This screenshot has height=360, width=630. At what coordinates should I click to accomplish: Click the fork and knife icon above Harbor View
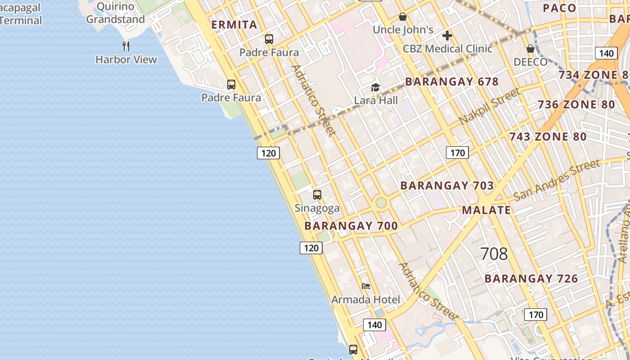coord(126,46)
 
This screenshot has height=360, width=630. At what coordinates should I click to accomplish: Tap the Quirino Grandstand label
coord(116,13)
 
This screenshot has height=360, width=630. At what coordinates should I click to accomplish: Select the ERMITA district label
coord(234,25)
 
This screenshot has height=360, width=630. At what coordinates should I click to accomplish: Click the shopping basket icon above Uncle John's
coord(403,17)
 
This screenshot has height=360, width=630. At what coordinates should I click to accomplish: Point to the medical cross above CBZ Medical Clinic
coord(447,35)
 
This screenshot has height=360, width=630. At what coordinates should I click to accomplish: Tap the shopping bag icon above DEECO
coord(531,49)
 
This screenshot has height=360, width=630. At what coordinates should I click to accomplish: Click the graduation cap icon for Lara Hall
coord(375,88)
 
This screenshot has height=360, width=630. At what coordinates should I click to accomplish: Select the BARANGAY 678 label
coord(452,82)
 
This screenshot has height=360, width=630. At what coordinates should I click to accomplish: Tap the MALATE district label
coord(486,210)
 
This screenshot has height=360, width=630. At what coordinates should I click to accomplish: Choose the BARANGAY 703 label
coord(447,185)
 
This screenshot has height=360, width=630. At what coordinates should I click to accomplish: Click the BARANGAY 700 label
coord(351,226)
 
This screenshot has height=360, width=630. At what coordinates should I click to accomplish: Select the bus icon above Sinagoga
coord(317,195)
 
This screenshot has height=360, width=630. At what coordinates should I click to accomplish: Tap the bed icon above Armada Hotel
coord(366,286)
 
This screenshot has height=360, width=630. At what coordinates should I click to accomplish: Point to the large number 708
coord(494,254)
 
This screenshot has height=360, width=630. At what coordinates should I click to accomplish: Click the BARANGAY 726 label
coord(531,279)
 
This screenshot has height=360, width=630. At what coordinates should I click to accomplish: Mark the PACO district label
coord(559,8)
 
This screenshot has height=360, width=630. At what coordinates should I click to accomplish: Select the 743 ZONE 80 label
coord(548,137)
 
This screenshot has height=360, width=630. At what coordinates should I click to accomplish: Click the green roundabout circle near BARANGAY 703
coord(381,202)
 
